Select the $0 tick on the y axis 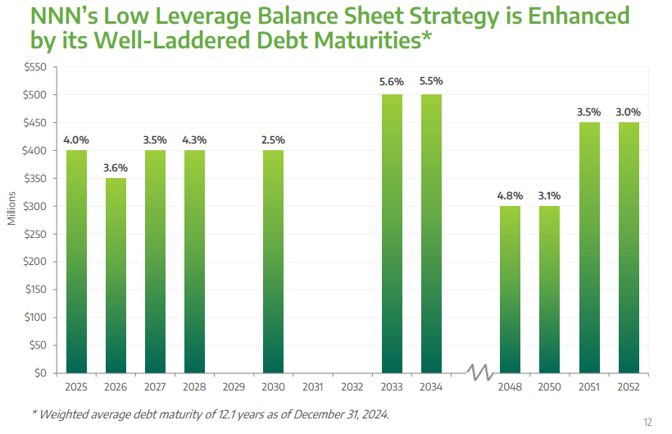coord(41,372)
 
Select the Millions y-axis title coord(11,208)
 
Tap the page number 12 coord(647,422)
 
